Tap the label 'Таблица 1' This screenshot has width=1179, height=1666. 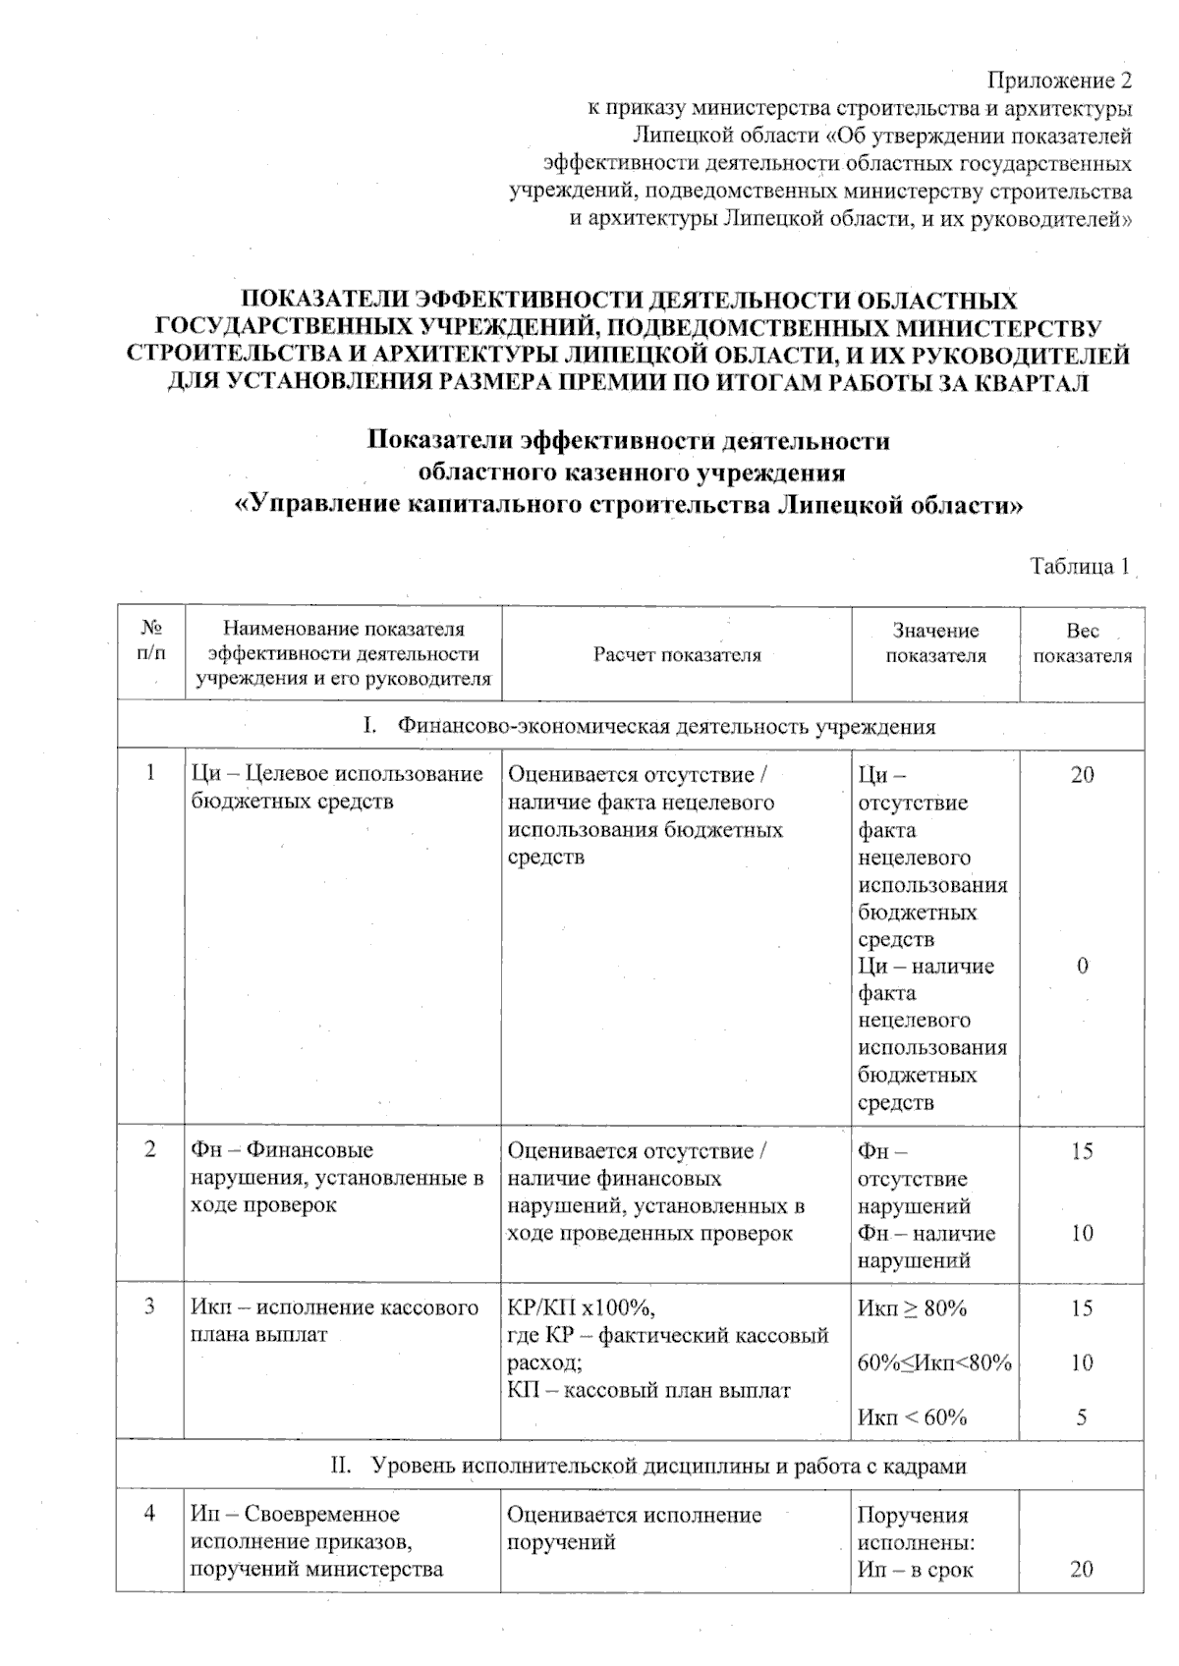point(1079,567)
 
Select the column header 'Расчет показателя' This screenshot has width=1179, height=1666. point(676,655)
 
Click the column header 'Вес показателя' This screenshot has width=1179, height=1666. point(1082,643)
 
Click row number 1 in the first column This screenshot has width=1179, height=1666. point(150,773)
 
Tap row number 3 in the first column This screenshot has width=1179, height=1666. point(150,1307)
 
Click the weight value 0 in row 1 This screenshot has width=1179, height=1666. point(1082,966)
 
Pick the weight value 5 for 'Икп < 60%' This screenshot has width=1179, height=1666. point(1082,1417)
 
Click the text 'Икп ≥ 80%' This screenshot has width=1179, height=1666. point(912,1308)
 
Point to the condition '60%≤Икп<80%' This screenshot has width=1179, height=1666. point(934,1362)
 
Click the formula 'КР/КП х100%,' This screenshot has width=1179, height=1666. point(580,1308)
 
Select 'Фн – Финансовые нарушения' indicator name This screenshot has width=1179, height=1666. point(282,1150)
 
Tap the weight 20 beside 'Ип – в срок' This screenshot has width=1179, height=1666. point(1082,1570)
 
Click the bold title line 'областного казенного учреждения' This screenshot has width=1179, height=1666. point(632,472)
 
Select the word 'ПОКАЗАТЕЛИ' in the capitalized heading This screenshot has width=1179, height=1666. point(325,300)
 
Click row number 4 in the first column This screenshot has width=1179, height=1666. point(150,1514)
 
